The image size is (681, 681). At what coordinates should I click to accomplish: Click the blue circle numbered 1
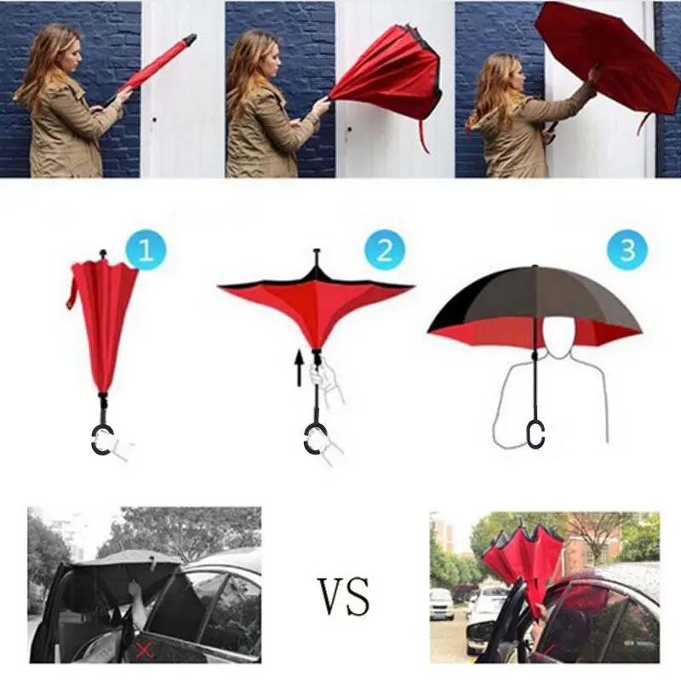click(146, 251)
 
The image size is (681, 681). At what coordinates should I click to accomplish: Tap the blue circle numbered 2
click(384, 251)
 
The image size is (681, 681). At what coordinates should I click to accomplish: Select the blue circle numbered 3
click(627, 251)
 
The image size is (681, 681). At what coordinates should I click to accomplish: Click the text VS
click(344, 595)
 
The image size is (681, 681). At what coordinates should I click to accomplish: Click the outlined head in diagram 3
click(558, 335)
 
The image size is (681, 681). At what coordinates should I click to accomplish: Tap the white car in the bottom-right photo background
click(441, 604)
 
